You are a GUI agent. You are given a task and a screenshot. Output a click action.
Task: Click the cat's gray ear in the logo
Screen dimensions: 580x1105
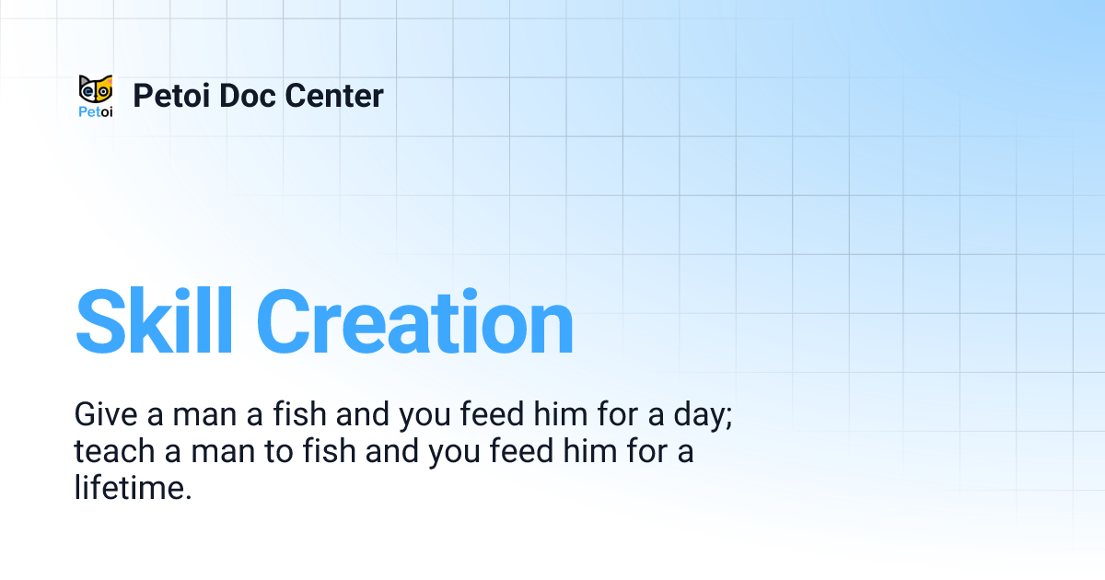pyautogui.click(x=84, y=79)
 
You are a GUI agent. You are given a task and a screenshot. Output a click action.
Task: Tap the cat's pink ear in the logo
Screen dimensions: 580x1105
pyautogui.click(x=107, y=79)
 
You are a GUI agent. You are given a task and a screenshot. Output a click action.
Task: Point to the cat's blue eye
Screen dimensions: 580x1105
pyautogui.click(x=88, y=92)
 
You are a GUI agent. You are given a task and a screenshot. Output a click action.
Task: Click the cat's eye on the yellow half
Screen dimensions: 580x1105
pyautogui.click(x=103, y=92)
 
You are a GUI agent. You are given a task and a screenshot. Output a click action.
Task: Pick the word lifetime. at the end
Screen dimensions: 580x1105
pyautogui.click(x=133, y=489)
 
